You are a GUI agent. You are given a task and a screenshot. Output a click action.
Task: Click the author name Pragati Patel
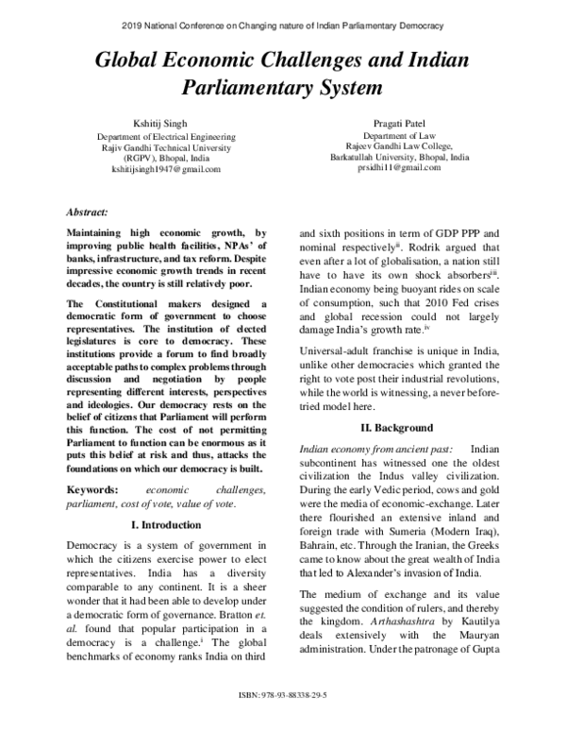coord(404,124)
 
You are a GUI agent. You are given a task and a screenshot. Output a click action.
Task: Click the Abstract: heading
coord(87,213)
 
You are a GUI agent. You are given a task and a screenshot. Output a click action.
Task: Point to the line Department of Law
coord(403,136)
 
